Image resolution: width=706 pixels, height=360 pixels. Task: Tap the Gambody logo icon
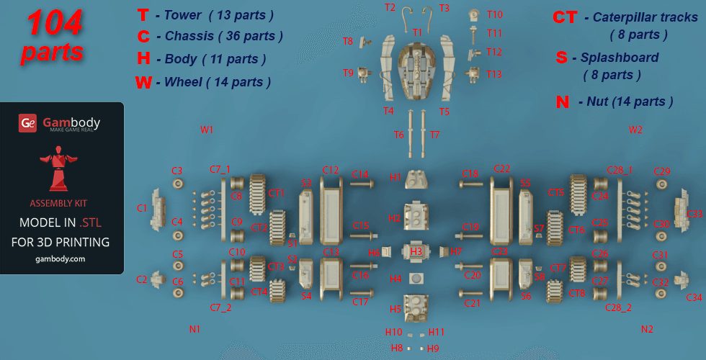click(x=27, y=123)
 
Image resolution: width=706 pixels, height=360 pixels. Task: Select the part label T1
click(x=417, y=32)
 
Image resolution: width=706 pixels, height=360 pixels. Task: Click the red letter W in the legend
click(x=143, y=82)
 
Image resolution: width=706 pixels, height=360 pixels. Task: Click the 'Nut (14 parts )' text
click(x=625, y=102)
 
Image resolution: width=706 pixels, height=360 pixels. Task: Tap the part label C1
click(x=142, y=208)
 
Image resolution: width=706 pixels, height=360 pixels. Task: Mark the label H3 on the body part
click(x=416, y=252)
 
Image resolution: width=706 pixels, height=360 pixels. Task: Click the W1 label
click(x=207, y=130)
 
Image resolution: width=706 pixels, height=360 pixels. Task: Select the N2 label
click(x=647, y=329)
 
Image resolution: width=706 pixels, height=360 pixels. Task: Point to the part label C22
click(x=501, y=169)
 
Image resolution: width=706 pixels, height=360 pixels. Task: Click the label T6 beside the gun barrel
click(x=398, y=135)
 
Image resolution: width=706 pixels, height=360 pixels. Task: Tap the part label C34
click(x=694, y=297)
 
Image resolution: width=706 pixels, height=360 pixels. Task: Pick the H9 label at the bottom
click(x=433, y=348)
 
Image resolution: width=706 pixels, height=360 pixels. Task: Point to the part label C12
click(x=331, y=170)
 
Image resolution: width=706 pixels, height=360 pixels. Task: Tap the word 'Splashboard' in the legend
click(x=615, y=58)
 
